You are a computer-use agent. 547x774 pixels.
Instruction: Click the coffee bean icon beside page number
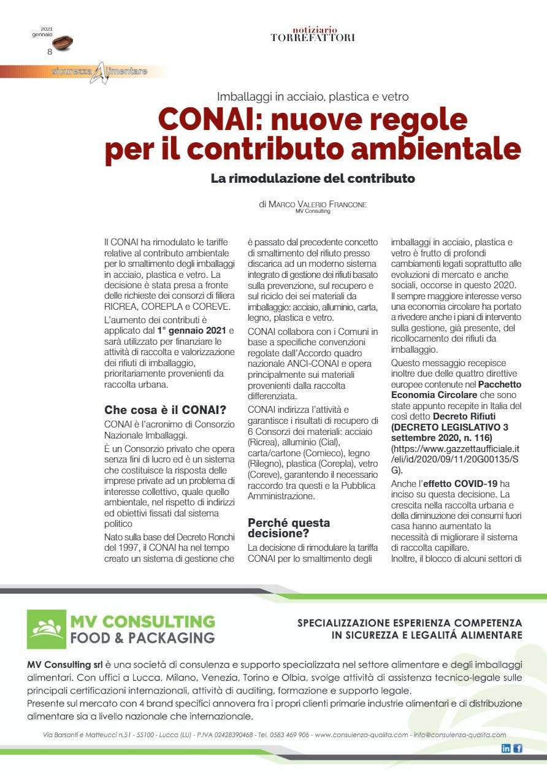[x=63, y=43]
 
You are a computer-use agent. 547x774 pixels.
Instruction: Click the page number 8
[x=50, y=52]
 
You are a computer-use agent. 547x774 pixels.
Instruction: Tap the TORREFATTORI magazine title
[x=313, y=37]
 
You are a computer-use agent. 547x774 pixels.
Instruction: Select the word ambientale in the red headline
[x=441, y=149]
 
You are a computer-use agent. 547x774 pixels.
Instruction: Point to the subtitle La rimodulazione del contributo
[x=313, y=179]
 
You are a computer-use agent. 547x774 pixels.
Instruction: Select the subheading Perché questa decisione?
[x=288, y=528]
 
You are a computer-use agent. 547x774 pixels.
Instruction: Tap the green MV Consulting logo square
[x=46, y=629]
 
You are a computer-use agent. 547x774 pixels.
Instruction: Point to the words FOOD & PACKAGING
[x=142, y=638]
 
